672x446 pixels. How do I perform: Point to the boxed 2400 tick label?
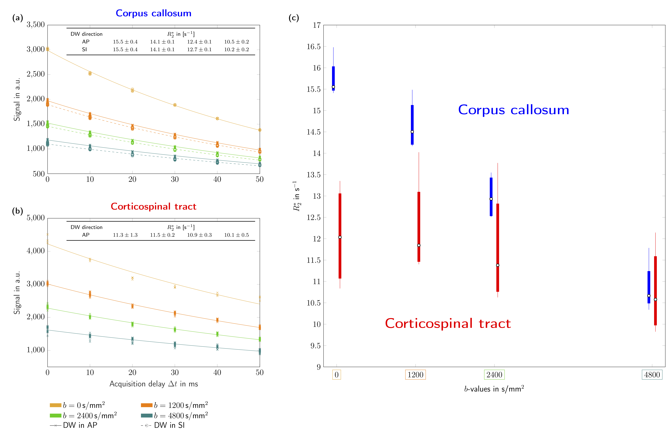(x=494, y=375)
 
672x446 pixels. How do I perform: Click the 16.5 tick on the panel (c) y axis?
(x=313, y=47)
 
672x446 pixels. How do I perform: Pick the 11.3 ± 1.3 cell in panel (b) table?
(x=125, y=235)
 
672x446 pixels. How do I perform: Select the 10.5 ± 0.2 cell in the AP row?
(x=236, y=42)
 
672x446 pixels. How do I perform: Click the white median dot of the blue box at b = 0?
(x=333, y=87)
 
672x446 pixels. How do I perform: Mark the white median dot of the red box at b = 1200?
(x=419, y=245)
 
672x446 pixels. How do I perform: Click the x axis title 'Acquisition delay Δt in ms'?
(x=154, y=384)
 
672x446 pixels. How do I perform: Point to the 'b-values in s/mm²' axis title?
(x=494, y=389)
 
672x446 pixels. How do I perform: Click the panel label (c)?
(x=294, y=18)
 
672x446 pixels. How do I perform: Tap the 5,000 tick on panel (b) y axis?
(x=36, y=218)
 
